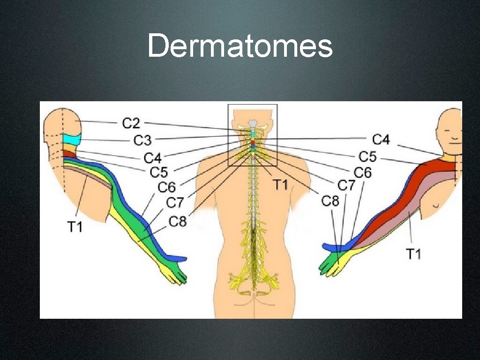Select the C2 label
coord(131,124)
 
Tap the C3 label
coord(142,140)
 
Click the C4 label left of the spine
coord(153,157)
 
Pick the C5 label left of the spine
coord(158,172)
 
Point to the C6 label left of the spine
coord(166,187)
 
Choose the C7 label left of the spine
coord(175,203)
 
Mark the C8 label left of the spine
coord(178,221)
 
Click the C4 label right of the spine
coord(381,139)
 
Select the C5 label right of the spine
coord(367,156)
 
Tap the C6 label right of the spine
coord(362,172)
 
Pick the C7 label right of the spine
coord(347,185)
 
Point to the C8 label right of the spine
coord(330,201)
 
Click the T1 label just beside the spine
coord(280,185)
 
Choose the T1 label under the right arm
coord(413,254)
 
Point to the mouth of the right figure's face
coord(453,140)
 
